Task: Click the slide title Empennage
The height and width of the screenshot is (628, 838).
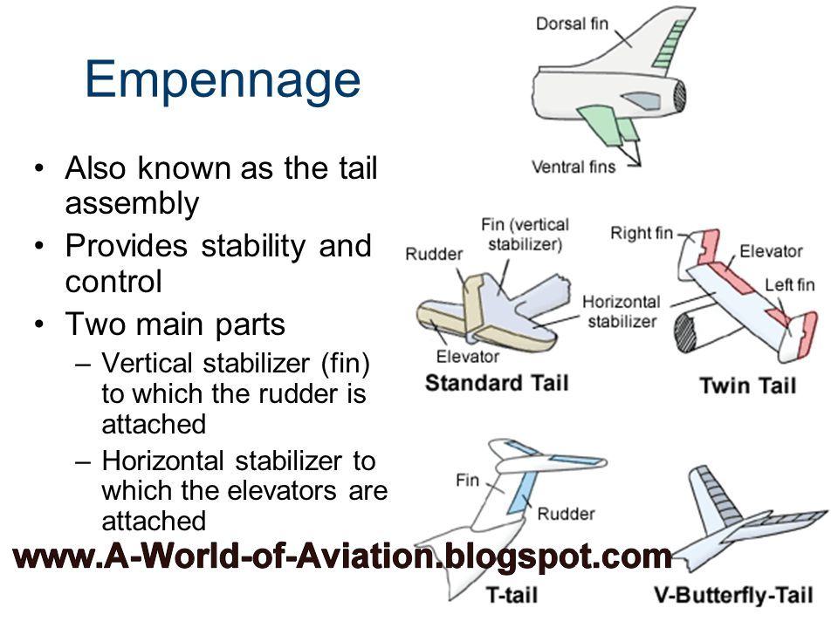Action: coord(222,80)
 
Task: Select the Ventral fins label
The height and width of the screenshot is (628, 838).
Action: coord(574,166)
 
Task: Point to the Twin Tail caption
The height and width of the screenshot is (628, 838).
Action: coord(747,385)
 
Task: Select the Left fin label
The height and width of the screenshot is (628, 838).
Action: coord(788,285)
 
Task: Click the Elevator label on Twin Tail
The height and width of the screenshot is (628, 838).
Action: coord(771,251)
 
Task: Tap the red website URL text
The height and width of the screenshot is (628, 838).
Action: coord(340,556)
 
